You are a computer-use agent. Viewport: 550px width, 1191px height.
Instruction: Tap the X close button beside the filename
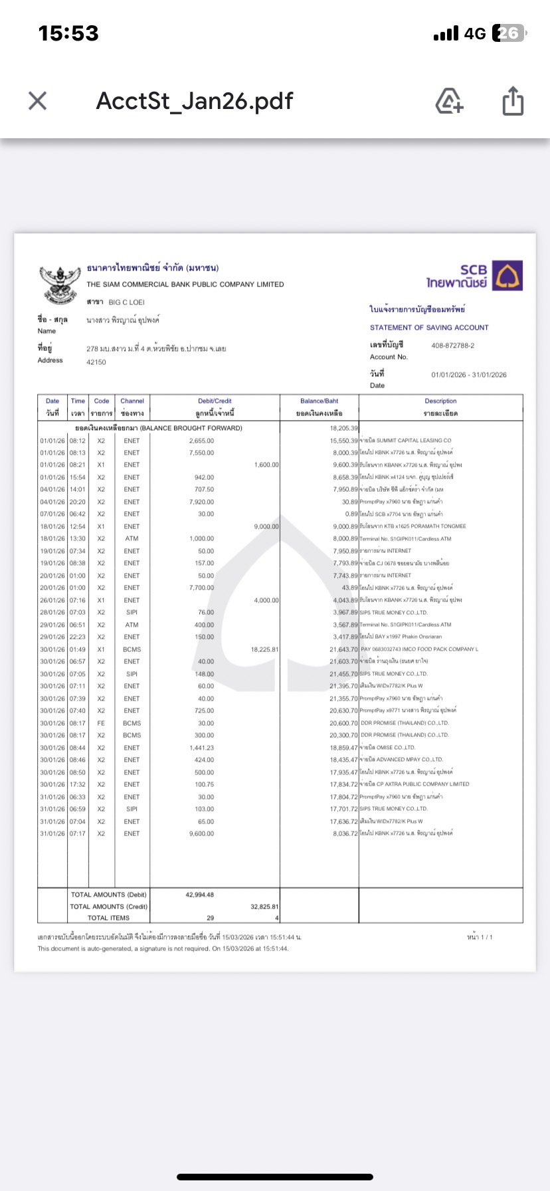point(38,101)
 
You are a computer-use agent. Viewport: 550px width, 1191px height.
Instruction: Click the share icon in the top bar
point(513,102)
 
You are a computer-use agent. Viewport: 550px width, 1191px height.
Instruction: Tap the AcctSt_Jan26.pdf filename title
point(195,101)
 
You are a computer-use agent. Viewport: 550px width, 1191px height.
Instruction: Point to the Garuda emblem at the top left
point(59,284)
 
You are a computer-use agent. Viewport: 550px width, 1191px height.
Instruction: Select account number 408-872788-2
point(452,346)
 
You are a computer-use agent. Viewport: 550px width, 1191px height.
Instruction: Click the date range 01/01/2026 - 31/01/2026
point(468,375)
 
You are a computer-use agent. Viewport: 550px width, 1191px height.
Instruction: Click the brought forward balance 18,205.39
point(343,428)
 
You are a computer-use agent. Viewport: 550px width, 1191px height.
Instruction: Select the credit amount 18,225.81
point(265,649)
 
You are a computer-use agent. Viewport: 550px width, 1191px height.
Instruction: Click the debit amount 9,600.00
point(201,833)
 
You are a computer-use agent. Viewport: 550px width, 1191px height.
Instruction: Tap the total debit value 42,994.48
point(199,895)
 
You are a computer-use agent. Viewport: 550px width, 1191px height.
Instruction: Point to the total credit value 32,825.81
point(264,907)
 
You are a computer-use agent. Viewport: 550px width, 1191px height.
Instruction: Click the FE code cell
point(101,723)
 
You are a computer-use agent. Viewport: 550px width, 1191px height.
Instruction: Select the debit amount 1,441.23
point(201,748)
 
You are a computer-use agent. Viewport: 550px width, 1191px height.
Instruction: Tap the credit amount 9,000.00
point(266,526)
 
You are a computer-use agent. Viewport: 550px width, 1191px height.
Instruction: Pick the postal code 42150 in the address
point(96,362)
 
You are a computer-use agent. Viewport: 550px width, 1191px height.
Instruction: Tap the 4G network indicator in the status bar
point(475,33)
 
